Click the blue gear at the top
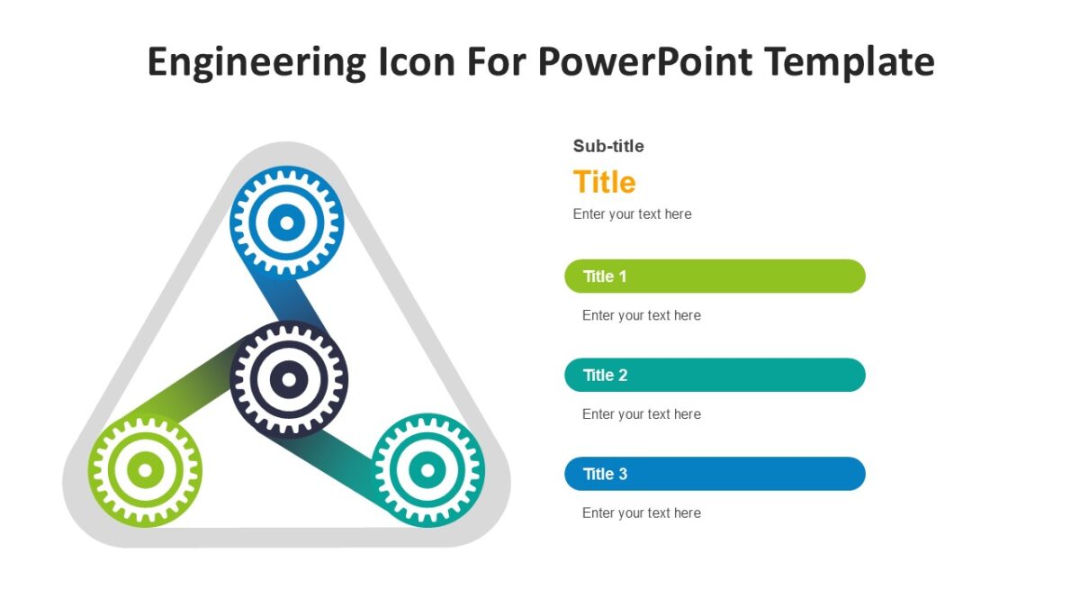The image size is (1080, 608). [286, 222]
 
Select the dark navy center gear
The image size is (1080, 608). [288, 379]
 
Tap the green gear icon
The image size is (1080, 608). [145, 469]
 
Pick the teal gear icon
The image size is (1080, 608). [428, 469]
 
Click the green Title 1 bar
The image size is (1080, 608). [715, 277]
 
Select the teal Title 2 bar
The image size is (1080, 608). [715, 375]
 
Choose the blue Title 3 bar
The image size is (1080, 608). [715, 474]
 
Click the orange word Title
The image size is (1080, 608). [604, 182]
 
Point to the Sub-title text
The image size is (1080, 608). [608, 146]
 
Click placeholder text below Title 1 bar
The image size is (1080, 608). [641, 315]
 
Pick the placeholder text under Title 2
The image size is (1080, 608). [641, 414]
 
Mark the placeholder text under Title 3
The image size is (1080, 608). [641, 513]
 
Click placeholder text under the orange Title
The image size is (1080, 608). [632, 214]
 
